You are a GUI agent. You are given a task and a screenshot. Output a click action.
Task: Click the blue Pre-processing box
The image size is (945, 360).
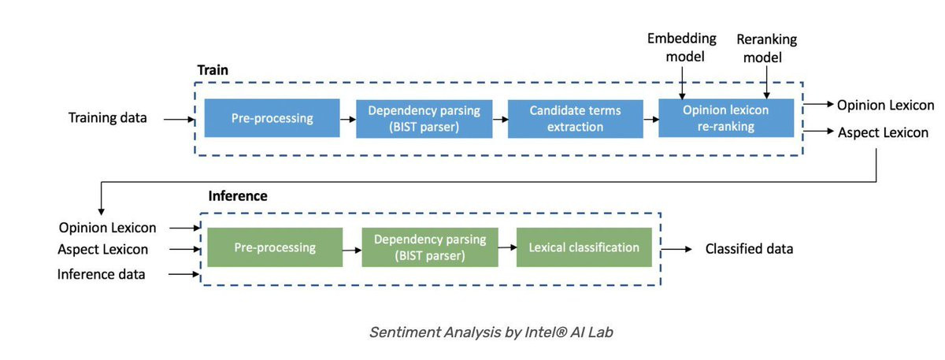pyautogui.click(x=272, y=118)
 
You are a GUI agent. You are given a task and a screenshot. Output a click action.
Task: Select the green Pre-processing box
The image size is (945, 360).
pyautogui.click(x=275, y=247)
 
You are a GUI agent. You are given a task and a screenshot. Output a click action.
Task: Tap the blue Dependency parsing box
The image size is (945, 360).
pyautogui.click(x=424, y=119)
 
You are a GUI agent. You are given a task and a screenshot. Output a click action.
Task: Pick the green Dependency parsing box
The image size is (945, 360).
pyautogui.click(x=430, y=247)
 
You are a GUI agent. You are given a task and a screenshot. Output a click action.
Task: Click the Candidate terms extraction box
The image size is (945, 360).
pyautogui.click(x=576, y=119)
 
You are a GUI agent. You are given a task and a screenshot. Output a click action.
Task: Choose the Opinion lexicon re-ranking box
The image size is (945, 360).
pyautogui.click(x=726, y=118)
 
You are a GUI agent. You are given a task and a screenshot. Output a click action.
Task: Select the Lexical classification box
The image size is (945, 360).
pyautogui.click(x=584, y=247)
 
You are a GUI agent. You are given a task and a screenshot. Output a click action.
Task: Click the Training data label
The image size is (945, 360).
pyautogui.click(x=108, y=117)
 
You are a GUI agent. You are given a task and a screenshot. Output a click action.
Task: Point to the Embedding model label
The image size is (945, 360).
pyautogui.click(x=682, y=47)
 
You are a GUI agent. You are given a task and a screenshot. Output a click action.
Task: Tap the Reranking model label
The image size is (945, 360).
pyautogui.click(x=766, y=48)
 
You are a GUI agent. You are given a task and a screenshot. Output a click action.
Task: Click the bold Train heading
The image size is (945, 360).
pyautogui.click(x=213, y=69)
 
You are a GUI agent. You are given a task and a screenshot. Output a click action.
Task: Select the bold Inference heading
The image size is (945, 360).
pyautogui.click(x=238, y=196)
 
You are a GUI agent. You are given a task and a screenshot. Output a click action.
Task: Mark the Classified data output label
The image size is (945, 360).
pyautogui.click(x=749, y=249)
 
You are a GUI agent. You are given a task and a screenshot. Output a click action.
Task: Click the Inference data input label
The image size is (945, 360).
pyautogui.click(x=102, y=274)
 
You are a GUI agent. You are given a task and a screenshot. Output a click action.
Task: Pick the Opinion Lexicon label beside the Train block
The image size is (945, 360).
pyautogui.click(x=885, y=105)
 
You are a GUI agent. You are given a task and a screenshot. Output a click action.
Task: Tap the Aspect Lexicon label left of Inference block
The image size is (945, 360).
pyautogui.click(x=103, y=250)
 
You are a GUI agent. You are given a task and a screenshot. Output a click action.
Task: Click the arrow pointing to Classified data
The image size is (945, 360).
pyautogui.click(x=676, y=250)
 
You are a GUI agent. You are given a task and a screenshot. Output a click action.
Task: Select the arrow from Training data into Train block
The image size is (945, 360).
pyautogui.click(x=179, y=120)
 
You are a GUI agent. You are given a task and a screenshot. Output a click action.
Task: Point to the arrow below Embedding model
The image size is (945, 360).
pyautogui.click(x=682, y=84)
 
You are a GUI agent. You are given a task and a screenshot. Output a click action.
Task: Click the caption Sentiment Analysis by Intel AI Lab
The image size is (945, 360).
pyautogui.click(x=491, y=332)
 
